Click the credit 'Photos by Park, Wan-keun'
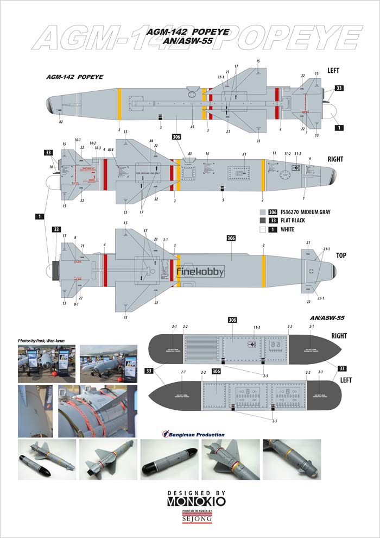click(43, 340)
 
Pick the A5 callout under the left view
click(192, 127)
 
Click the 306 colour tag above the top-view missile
click(231, 238)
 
